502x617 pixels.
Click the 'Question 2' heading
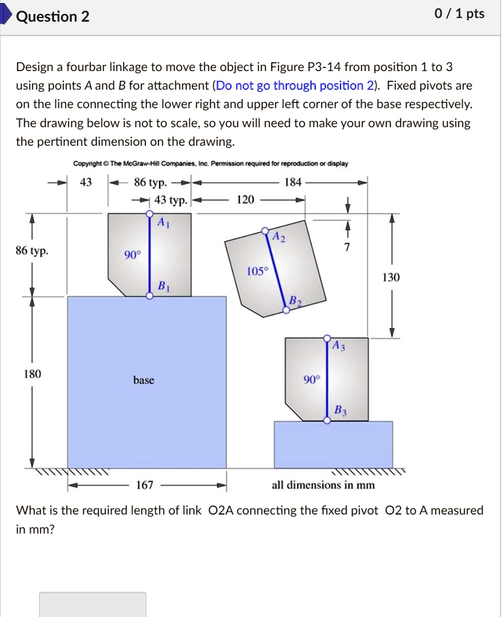(x=52, y=16)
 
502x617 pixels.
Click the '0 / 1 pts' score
(x=459, y=14)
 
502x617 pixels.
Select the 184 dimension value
(x=292, y=181)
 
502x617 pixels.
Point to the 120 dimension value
(x=245, y=199)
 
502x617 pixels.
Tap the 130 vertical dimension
(x=391, y=277)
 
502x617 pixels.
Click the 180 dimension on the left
(x=32, y=374)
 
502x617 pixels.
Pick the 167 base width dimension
(x=145, y=485)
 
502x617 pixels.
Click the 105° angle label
(x=256, y=271)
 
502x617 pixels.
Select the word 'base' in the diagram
(x=144, y=380)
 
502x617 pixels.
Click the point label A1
(x=163, y=222)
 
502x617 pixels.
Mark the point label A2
(x=278, y=236)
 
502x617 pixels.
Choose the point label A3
(x=339, y=346)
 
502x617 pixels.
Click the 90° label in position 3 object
(x=312, y=380)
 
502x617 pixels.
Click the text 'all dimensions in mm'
(x=323, y=485)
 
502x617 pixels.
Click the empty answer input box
(x=93, y=604)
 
